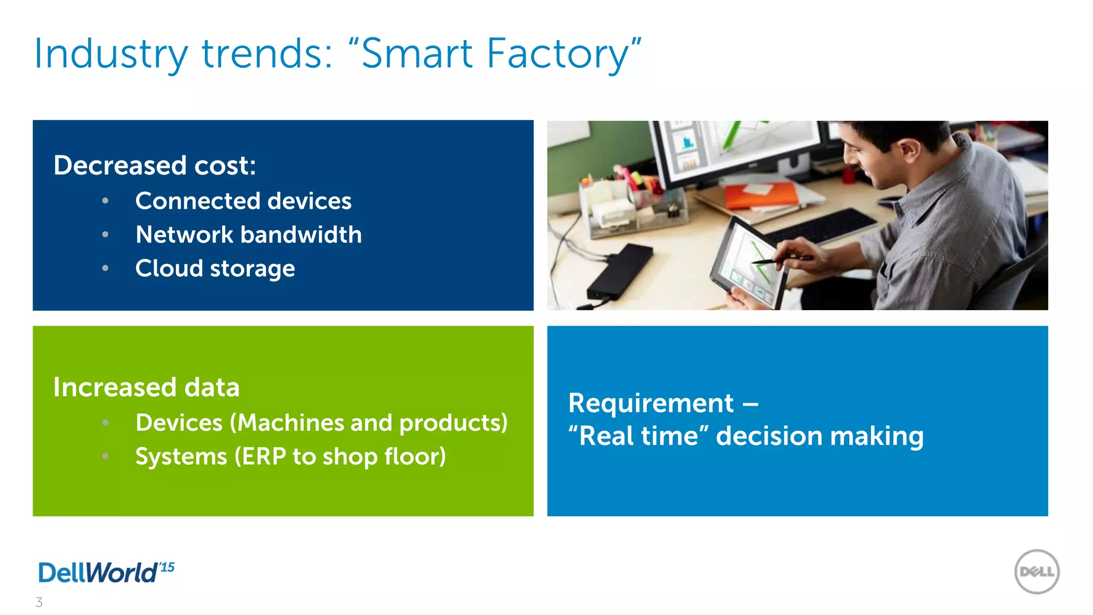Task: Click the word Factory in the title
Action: tap(558, 54)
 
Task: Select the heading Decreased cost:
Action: tap(155, 165)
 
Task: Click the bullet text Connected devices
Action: tap(243, 201)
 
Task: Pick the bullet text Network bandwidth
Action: tap(249, 235)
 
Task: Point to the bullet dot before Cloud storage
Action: tap(106, 268)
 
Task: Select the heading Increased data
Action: tap(146, 387)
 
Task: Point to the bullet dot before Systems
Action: tap(106, 456)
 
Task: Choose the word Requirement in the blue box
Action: tap(651, 403)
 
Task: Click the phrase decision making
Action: tap(819, 436)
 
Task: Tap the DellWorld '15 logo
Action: tap(106, 572)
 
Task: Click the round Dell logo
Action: tap(1036, 572)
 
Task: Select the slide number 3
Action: tap(39, 602)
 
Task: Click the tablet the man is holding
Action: tap(747, 262)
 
